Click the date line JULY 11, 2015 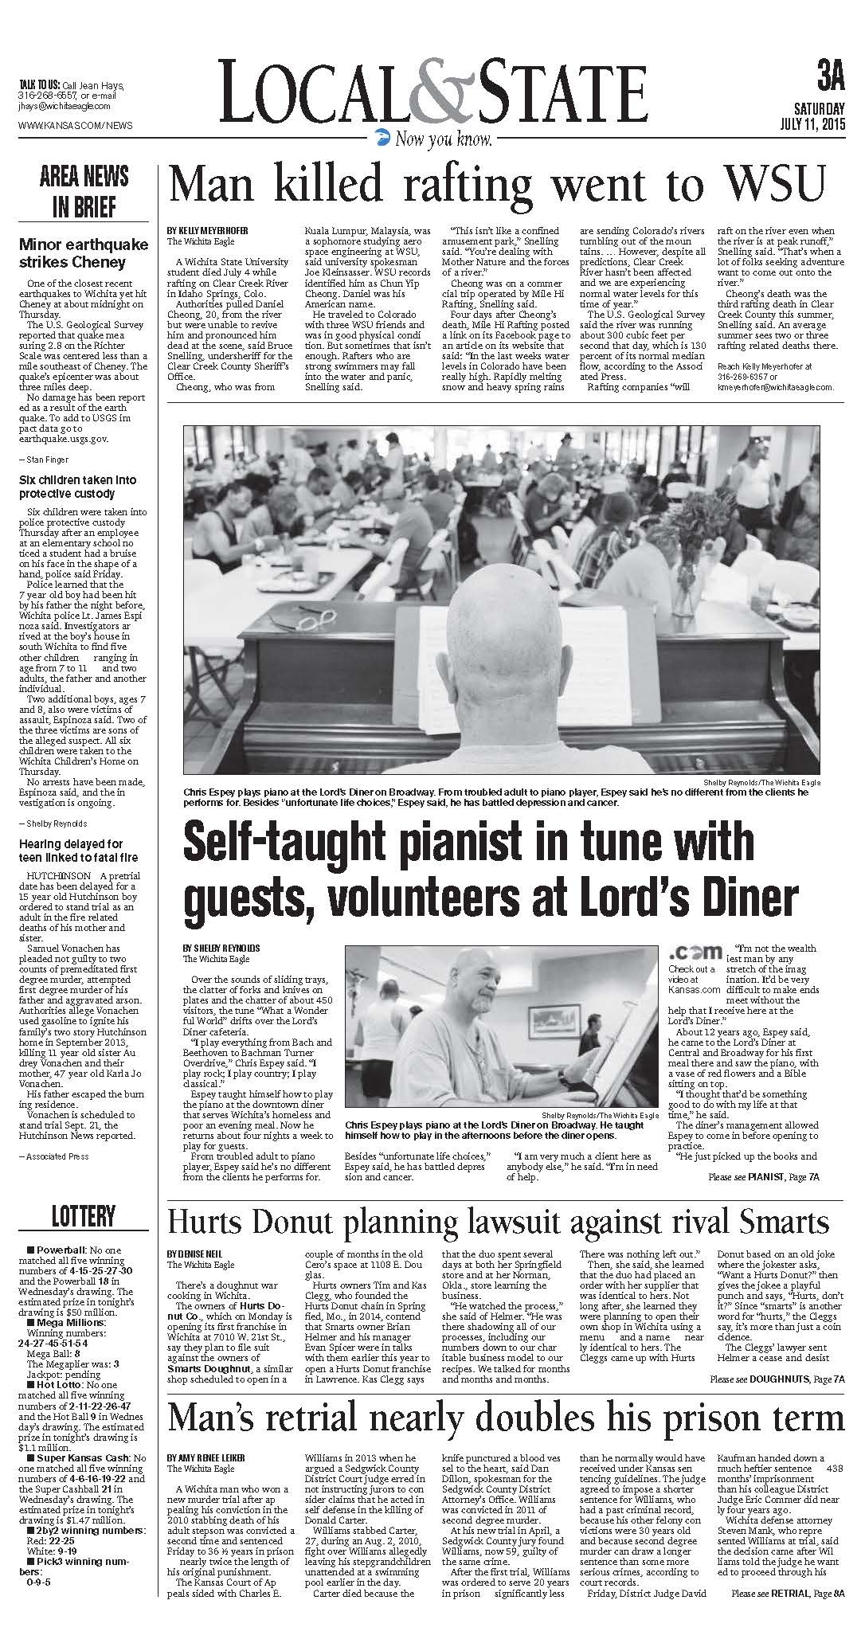tap(812, 124)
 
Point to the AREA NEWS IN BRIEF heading tap(84, 192)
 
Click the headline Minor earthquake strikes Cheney tap(84, 253)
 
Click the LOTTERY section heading tap(84, 1216)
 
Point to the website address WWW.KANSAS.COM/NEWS tap(76, 125)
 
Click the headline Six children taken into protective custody tap(78, 487)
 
